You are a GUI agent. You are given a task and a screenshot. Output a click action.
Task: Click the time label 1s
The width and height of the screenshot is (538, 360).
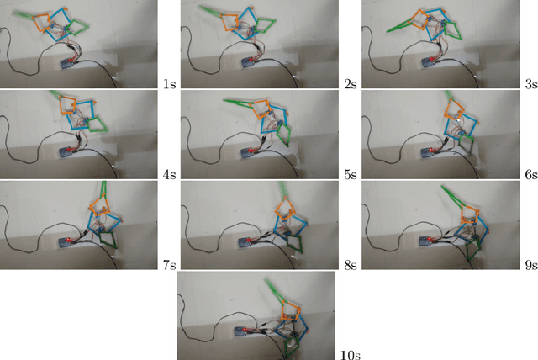coord(170,84)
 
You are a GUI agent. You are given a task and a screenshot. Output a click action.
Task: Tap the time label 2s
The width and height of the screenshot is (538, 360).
coord(351,84)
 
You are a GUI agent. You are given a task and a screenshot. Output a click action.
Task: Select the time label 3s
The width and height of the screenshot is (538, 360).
coord(531,84)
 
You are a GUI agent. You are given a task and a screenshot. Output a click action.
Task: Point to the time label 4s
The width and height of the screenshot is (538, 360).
coord(170,175)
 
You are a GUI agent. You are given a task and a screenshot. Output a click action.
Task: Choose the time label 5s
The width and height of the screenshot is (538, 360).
coord(351,175)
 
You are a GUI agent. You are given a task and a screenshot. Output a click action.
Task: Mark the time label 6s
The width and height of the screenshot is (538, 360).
coord(531,175)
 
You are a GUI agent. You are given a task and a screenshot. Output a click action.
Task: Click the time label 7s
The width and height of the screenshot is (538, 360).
coord(170,265)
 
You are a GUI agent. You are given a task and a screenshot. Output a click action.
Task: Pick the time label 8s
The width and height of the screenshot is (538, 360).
coord(351,265)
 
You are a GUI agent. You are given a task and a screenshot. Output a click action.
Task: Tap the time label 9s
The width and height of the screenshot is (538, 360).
coord(531,265)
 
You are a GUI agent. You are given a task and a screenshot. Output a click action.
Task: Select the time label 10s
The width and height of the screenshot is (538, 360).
coord(351,355)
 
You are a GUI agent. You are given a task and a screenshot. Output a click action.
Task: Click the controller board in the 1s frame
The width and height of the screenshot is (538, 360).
coord(67,64)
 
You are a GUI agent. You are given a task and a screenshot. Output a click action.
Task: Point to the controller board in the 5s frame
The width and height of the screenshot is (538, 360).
coord(249,153)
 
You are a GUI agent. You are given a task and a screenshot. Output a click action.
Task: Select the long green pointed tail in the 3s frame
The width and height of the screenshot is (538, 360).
coord(402,26)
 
